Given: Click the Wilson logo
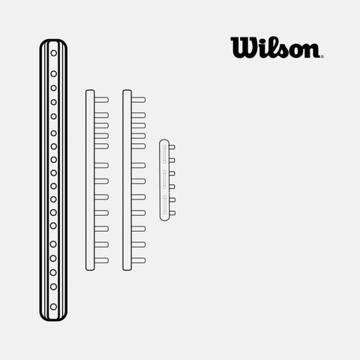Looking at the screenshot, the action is pyautogui.click(x=277, y=47).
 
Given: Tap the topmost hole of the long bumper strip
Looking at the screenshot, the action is pyautogui.click(x=53, y=53).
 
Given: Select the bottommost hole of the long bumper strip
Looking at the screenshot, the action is pyautogui.click(x=53, y=307).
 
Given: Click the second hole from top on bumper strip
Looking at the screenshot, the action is pyautogui.click(x=53, y=73).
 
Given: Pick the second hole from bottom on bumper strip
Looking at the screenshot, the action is pyautogui.click(x=53, y=286).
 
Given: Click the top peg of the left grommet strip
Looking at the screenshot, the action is pyautogui.click(x=101, y=100).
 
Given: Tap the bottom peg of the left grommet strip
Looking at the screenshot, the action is pyautogui.click(x=101, y=260).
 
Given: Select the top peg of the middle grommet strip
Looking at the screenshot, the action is pyautogui.click(x=139, y=100).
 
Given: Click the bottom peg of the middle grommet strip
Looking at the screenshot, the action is pyautogui.click(x=139, y=260).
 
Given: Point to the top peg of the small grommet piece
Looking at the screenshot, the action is pyautogui.click(x=172, y=147).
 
